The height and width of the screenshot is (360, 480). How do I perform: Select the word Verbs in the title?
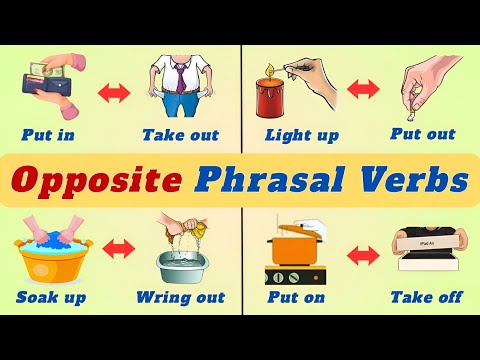pos(408,182)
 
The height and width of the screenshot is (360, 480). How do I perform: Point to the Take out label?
pos(181,135)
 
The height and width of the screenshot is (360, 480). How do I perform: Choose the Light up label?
pos(299,135)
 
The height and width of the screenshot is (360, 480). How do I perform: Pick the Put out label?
pos(422,135)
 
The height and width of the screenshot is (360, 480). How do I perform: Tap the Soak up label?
pos(51,297)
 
